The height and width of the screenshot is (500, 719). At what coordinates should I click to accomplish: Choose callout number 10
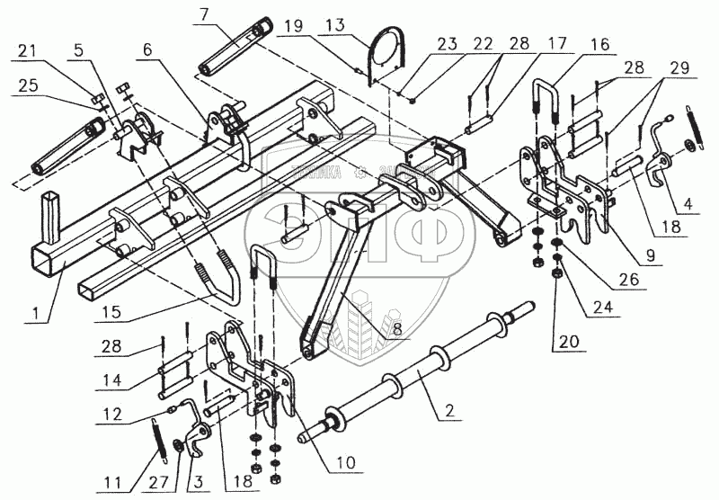point(346,465)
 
